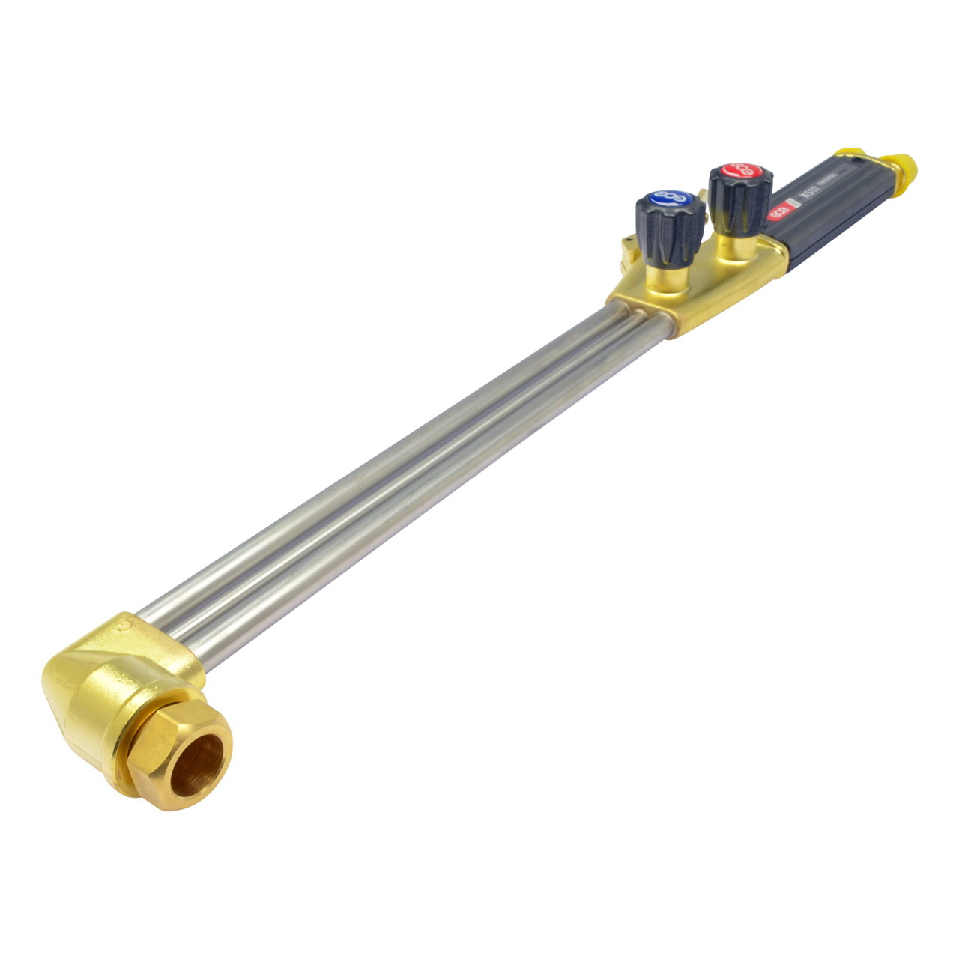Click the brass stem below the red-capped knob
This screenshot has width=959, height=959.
pyautogui.click(x=736, y=247)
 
